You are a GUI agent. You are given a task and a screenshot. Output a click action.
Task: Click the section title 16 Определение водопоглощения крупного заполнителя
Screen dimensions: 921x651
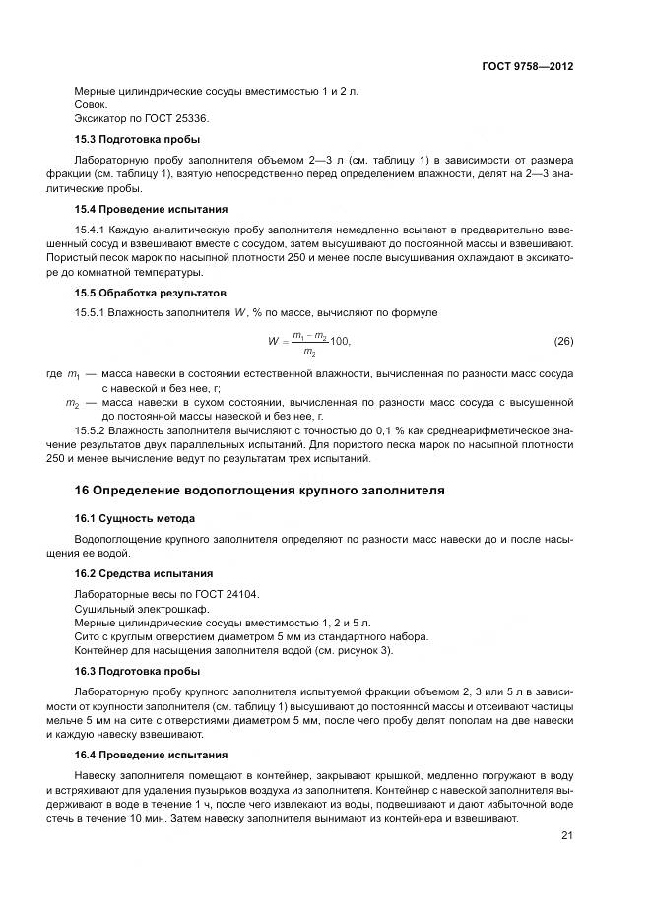(x=260, y=490)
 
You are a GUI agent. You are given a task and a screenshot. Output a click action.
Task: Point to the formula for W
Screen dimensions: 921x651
(x=308, y=343)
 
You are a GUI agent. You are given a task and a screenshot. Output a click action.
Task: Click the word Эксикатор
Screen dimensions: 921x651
(x=101, y=118)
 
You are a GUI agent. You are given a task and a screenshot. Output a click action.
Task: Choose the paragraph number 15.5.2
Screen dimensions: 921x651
(x=94, y=430)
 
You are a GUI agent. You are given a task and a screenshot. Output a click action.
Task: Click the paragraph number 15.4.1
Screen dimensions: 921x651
(x=94, y=230)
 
